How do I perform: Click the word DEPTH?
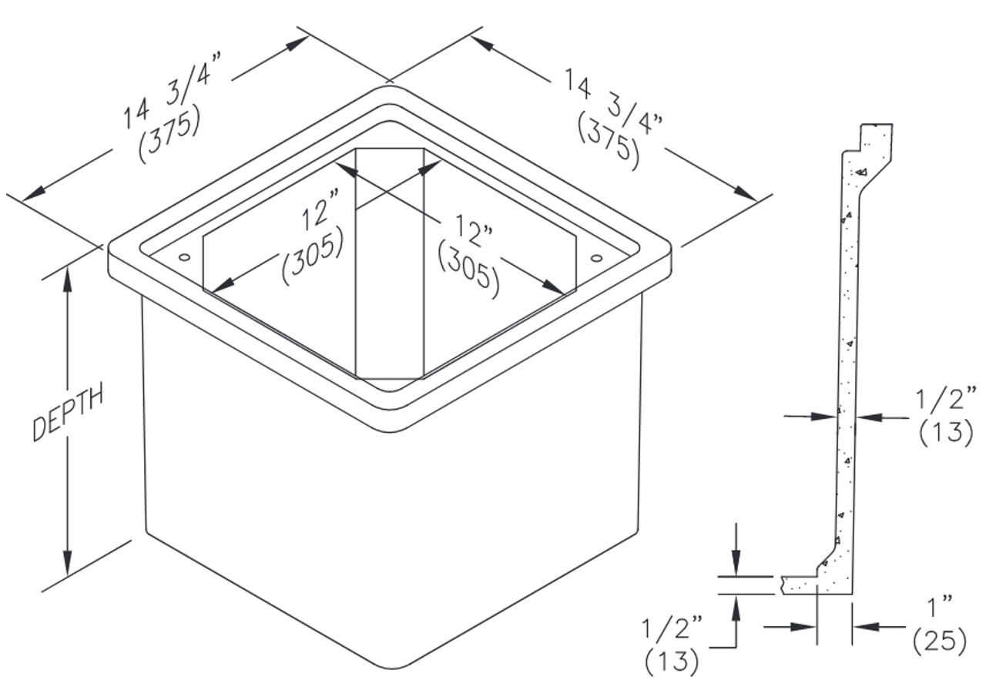pos(68,416)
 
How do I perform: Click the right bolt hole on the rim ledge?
pos(596,257)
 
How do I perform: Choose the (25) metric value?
pos(939,640)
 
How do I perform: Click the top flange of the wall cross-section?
pos(874,139)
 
